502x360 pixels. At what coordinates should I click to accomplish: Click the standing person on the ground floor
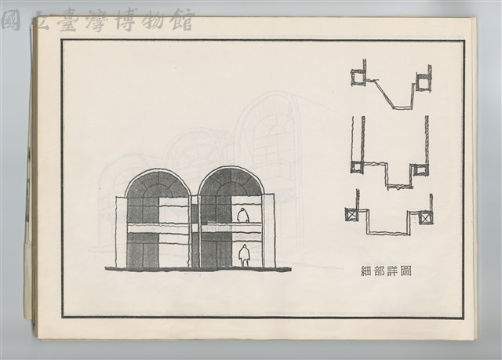[245, 256]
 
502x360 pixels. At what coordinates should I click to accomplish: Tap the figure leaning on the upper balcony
[243, 216]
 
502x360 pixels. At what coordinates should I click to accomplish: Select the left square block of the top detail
[358, 78]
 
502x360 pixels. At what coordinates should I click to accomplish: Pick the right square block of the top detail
[422, 82]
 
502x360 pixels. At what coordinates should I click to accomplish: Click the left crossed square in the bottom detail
[351, 214]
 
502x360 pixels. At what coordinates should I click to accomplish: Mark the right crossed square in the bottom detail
[425, 219]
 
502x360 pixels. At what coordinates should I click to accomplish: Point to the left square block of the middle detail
[357, 167]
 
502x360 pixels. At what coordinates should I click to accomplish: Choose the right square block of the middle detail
[420, 169]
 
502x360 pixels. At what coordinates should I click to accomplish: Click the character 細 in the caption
[366, 271]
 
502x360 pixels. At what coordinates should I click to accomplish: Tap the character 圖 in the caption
[406, 271]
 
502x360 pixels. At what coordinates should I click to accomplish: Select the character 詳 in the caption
[392, 271]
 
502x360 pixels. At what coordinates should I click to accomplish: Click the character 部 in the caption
[380, 271]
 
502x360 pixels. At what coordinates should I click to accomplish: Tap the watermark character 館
[182, 20]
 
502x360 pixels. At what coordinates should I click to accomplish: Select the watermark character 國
[12, 20]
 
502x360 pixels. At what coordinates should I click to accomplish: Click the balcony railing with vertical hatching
[216, 227]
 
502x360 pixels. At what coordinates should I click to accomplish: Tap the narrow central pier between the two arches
[195, 231]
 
